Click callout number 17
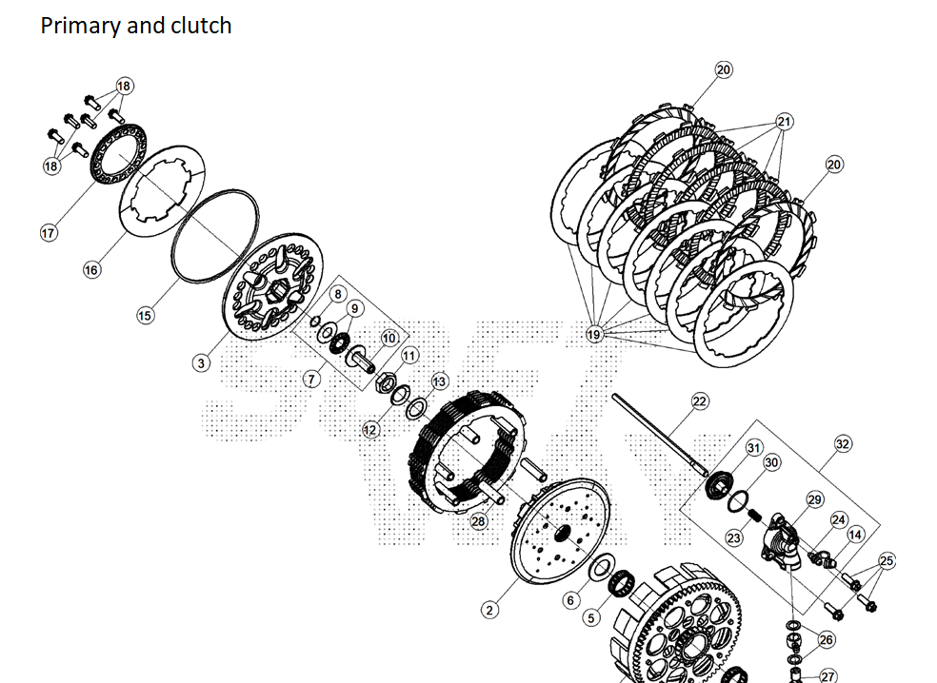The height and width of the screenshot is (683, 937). [x=49, y=233]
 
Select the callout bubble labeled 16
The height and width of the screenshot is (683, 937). [x=91, y=270]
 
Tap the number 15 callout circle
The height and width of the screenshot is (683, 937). [x=145, y=316]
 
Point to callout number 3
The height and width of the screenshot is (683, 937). [x=202, y=363]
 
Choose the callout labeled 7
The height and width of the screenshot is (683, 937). [x=311, y=379]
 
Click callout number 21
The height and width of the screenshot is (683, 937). [x=785, y=122]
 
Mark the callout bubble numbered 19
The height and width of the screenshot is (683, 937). [x=594, y=335]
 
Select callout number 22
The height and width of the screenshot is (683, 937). [x=700, y=401]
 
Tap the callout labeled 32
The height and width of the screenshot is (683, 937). [x=843, y=443]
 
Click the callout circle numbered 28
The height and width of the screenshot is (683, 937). [x=478, y=521]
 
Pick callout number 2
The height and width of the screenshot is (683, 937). [x=489, y=611]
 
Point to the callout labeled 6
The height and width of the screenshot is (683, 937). [x=570, y=600]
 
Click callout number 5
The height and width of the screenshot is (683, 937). [x=591, y=617]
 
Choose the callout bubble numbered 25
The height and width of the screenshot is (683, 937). [x=887, y=561]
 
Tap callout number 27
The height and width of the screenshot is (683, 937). [x=827, y=676]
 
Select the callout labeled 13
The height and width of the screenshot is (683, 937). [x=439, y=381]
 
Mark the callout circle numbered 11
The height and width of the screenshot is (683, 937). [x=409, y=356]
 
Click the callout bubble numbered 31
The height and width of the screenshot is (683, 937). [x=753, y=448]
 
